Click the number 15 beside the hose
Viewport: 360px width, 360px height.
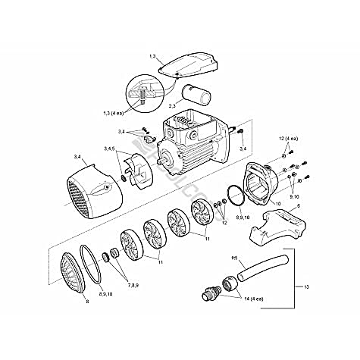click(x=235, y=260)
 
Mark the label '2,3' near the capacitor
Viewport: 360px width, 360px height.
click(x=173, y=107)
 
